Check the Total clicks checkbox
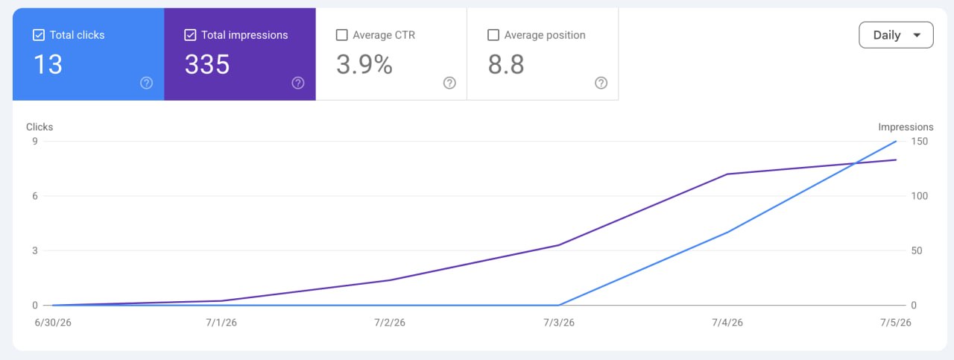point(38,35)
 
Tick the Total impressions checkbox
point(190,35)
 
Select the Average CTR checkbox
point(341,35)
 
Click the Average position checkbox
point(493,35)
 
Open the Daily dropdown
point(896,35)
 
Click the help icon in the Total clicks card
point(147,83)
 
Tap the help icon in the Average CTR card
point(449,83)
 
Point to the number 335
point(207,64)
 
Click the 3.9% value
point(364,64)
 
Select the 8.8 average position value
point(506,64)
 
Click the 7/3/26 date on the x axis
point(559,323)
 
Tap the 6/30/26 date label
point(53,323)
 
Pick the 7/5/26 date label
point(896,323)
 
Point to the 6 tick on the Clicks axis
point(35,196)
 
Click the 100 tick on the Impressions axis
point(920,196)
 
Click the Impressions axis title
point(906,127)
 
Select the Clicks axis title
point(40,127)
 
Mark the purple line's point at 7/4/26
point(727,174)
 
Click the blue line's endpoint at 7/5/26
point(896,141)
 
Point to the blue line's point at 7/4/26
point(727,233)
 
